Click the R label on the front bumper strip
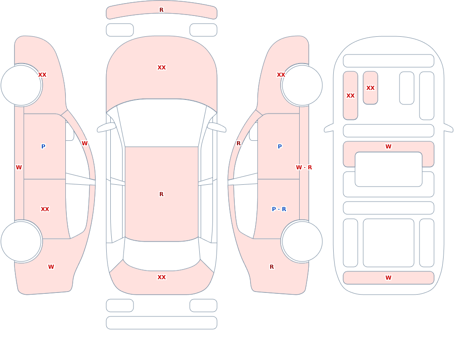pos(161,10)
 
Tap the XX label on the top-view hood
pos(162,68)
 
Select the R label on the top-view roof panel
pos(161,194)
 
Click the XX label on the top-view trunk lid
pos(162,277)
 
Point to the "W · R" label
pos(304,168)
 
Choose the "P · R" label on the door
pos(279,209)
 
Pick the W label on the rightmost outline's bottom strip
pos(388,278)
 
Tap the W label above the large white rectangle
pos(388,147)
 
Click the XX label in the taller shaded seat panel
pos(350,96)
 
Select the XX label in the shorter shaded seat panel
pos(370,88)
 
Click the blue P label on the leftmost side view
pos(43,147)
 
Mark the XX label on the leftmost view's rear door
pos(45,209)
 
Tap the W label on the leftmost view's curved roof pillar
pos(84,143)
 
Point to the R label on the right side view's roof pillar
pos(239,143)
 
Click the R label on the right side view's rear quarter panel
pos(271,267)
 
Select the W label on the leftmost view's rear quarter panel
pos(51,267)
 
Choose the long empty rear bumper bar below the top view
pos(162,323)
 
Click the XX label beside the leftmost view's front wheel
pos(42,75)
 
